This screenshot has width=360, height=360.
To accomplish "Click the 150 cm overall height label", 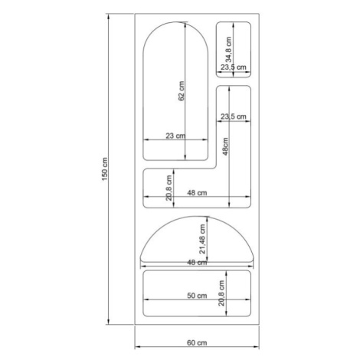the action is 105,169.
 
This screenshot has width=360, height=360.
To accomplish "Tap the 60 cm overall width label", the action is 197,342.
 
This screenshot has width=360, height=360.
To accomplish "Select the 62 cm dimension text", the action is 181,91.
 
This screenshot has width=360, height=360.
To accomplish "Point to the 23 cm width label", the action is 175,136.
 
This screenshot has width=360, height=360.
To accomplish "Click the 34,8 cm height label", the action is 228,50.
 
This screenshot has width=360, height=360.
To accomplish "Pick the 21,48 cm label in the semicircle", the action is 202,239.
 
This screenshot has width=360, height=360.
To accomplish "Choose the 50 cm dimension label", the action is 197,296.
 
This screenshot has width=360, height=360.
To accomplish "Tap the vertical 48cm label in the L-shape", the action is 225,146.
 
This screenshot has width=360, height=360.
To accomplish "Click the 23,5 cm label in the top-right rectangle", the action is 234,67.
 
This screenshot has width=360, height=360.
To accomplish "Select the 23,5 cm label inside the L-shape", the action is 234,116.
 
